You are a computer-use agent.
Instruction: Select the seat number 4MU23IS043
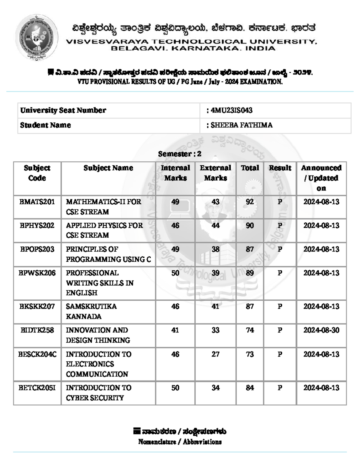[x=231, y=110]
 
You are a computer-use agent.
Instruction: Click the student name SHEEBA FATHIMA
[x=241, y=125]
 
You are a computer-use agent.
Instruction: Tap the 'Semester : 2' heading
[x=180, y=154]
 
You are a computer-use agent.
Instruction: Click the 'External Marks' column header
[x=215, y=173]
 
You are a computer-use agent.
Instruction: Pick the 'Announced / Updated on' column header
[x=321, y=178]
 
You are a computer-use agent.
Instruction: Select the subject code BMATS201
[x=37, y=202]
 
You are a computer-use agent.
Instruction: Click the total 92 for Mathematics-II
[x=250, y=202]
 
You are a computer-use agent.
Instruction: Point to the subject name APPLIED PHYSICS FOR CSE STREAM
[x=104, y=230]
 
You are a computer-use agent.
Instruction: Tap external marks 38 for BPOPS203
[x=215, y=249]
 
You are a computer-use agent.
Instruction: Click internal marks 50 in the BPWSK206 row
[x=175, y=273]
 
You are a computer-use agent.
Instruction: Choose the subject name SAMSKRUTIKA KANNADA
[x=91, y=311]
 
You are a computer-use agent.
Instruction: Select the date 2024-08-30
[x=321, y=330]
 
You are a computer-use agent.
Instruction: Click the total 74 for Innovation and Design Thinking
[x=250, y=330]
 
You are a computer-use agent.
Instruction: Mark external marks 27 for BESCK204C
[x=215, y=354]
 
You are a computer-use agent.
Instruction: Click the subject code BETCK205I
[x=37, y=388]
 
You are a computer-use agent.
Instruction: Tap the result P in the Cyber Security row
[x=280, y=388]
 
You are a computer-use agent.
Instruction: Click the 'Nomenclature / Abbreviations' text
[x=180, y=442]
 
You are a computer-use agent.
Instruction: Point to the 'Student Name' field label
[x=46, y=125]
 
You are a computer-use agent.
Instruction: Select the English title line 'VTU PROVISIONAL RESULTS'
[x=180, y=82]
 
